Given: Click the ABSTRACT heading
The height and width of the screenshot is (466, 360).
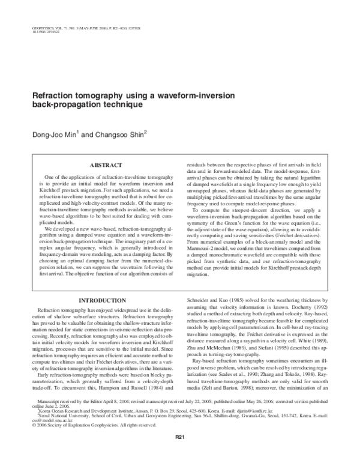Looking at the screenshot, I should (106, 164).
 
